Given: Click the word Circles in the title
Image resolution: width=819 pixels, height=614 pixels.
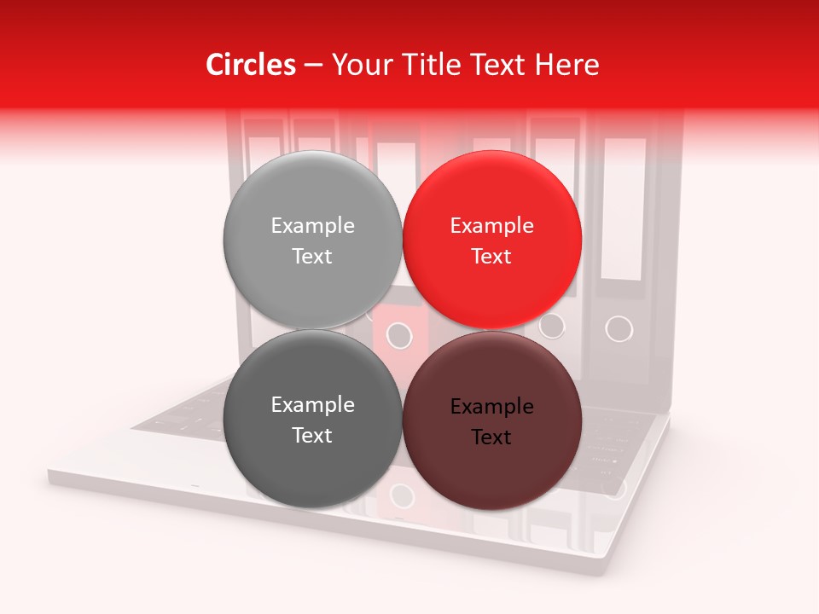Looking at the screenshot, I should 250,65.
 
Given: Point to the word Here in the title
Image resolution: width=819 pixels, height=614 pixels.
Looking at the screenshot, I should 566,65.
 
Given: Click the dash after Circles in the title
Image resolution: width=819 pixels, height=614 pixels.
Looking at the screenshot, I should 312,66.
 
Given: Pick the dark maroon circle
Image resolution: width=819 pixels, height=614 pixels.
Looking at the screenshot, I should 492,469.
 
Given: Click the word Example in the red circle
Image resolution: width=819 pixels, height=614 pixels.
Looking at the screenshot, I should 491,226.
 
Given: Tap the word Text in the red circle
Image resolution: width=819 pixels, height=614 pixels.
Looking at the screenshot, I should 491,257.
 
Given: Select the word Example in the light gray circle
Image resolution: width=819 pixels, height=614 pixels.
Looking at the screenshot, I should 312,226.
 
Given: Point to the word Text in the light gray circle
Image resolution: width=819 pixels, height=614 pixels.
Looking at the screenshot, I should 312,257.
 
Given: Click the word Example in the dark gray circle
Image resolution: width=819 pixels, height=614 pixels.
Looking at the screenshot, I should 312,405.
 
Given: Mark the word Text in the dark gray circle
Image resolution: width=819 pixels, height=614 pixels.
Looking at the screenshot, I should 312,436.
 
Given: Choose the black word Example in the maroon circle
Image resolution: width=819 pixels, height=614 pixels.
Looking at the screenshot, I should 491,407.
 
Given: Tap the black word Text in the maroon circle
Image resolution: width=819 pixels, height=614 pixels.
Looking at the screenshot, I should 491,437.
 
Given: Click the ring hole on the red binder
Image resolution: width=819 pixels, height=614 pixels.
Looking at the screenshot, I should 398,335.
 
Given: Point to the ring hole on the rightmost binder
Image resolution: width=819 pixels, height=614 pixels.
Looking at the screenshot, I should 619,328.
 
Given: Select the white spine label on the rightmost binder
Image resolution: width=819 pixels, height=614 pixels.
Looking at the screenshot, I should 624,209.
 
